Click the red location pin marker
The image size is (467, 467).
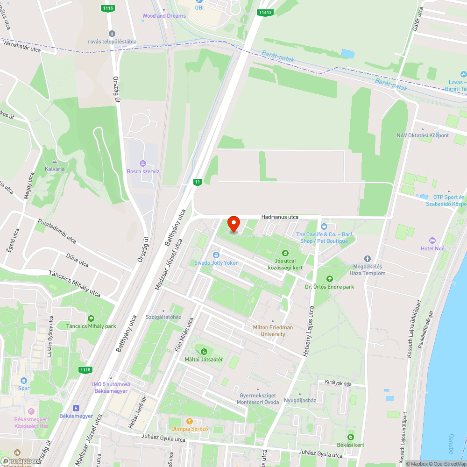233,224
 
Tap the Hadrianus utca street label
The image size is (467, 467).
280,217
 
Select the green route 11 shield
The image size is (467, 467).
198,182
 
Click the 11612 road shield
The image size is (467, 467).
265,13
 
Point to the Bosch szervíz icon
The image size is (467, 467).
143,163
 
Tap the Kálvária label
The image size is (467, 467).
54,169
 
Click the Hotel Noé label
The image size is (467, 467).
432,248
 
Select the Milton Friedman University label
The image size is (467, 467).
273,331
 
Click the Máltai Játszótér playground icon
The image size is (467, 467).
203,351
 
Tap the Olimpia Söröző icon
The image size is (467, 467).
189,421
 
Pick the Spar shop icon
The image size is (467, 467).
23,381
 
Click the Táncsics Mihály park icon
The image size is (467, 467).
91,318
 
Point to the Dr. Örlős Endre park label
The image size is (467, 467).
329,286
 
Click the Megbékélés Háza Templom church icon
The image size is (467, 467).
367,259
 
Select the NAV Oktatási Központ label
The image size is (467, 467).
422,135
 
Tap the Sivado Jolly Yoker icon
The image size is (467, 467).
216,255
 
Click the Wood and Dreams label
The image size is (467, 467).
164,16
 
